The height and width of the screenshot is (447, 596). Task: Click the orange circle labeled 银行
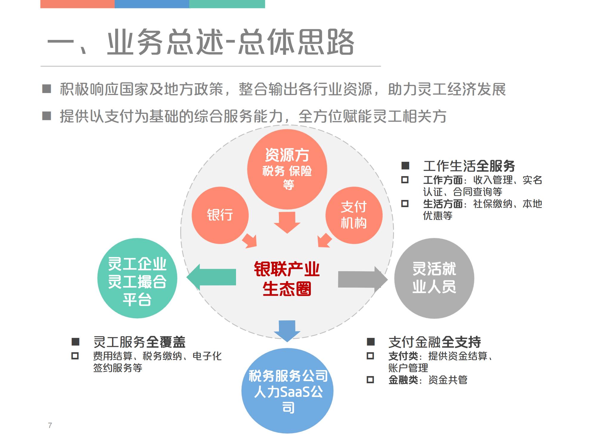coord(220,215)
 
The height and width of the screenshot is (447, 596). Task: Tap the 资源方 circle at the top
coord(287,169)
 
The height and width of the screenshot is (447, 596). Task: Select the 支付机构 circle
coord(354,215)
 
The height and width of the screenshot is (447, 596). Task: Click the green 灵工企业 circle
coord(137,278)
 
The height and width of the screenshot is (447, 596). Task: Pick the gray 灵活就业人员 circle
coord(434,278)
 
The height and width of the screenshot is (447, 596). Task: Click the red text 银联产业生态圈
coord(287,279)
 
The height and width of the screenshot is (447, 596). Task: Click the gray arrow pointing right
coord(362,280)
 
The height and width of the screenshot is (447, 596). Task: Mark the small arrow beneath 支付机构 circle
coord(324,240)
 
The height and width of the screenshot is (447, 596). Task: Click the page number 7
coord(50,426)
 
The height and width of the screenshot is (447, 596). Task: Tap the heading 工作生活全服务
coord(469,166)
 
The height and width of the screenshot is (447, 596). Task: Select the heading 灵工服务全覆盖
coord(139,342)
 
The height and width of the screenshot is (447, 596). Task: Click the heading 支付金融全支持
coord(434,342)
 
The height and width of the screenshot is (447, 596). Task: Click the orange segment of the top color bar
coord(77,4)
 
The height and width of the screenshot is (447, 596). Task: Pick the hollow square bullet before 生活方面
coord(405,204)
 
